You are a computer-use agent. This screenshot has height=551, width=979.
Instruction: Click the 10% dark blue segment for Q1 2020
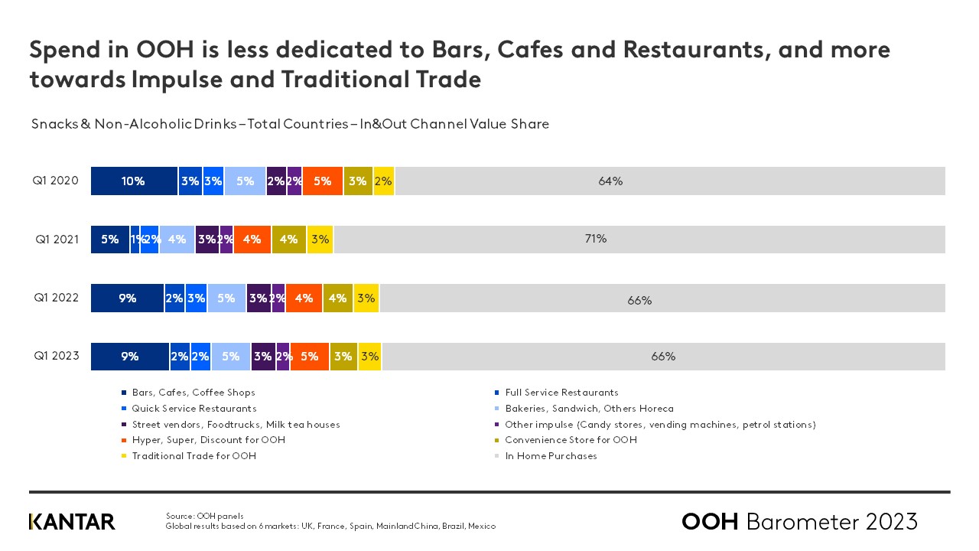coord(134,181)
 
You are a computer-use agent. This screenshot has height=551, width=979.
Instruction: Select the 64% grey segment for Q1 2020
coord(670,181)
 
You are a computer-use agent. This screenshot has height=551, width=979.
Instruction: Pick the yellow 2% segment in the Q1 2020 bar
coord(384,181)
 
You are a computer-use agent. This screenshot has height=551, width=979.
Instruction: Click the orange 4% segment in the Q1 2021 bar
coord(252,240)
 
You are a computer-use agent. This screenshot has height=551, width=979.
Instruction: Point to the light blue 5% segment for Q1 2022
coord(226,298)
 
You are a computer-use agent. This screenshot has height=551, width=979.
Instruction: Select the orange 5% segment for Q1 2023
coord(310,357)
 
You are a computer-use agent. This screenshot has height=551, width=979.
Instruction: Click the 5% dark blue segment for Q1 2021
coord(110,240)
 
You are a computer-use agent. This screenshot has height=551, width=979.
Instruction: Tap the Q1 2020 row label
coord(55,181)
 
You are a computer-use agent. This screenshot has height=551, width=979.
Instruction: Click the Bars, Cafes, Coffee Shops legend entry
coord(193,393)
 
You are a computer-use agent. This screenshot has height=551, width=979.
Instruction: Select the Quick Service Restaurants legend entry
coord(194,409)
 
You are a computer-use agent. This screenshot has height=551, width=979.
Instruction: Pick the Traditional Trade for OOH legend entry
coord(194,456)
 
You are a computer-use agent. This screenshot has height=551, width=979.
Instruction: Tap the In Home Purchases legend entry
coord(551,456)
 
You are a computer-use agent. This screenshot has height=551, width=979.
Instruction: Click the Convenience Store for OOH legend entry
coord(571,440)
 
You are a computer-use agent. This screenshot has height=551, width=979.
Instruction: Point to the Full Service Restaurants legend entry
coord(561,393)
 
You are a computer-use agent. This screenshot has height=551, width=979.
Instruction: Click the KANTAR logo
coord(72,522)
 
